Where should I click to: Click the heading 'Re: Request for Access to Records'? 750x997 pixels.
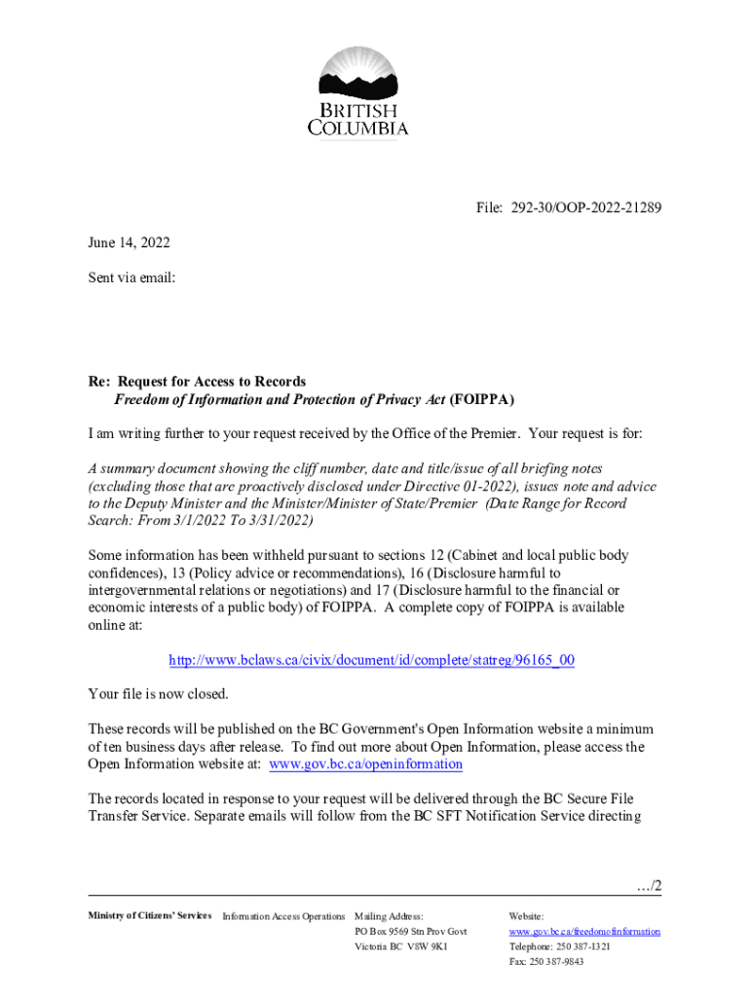(x=197, y=382)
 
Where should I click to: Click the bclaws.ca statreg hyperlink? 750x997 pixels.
(x=371, y=660)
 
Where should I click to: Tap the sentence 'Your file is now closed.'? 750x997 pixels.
(x=158, y=694)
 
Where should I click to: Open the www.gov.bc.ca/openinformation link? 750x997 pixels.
(x=365, y=764)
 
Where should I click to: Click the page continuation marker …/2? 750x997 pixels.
(x=646, y=886)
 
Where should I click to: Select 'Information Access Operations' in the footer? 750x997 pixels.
(x=283, y=916)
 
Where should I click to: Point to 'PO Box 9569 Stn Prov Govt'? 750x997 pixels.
(x=410, y=932)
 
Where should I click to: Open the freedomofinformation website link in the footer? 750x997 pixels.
(x=584, y=932)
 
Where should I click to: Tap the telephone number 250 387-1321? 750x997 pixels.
(x=583, y=946)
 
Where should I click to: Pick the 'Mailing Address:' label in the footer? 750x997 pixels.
(x=389, y=916)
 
